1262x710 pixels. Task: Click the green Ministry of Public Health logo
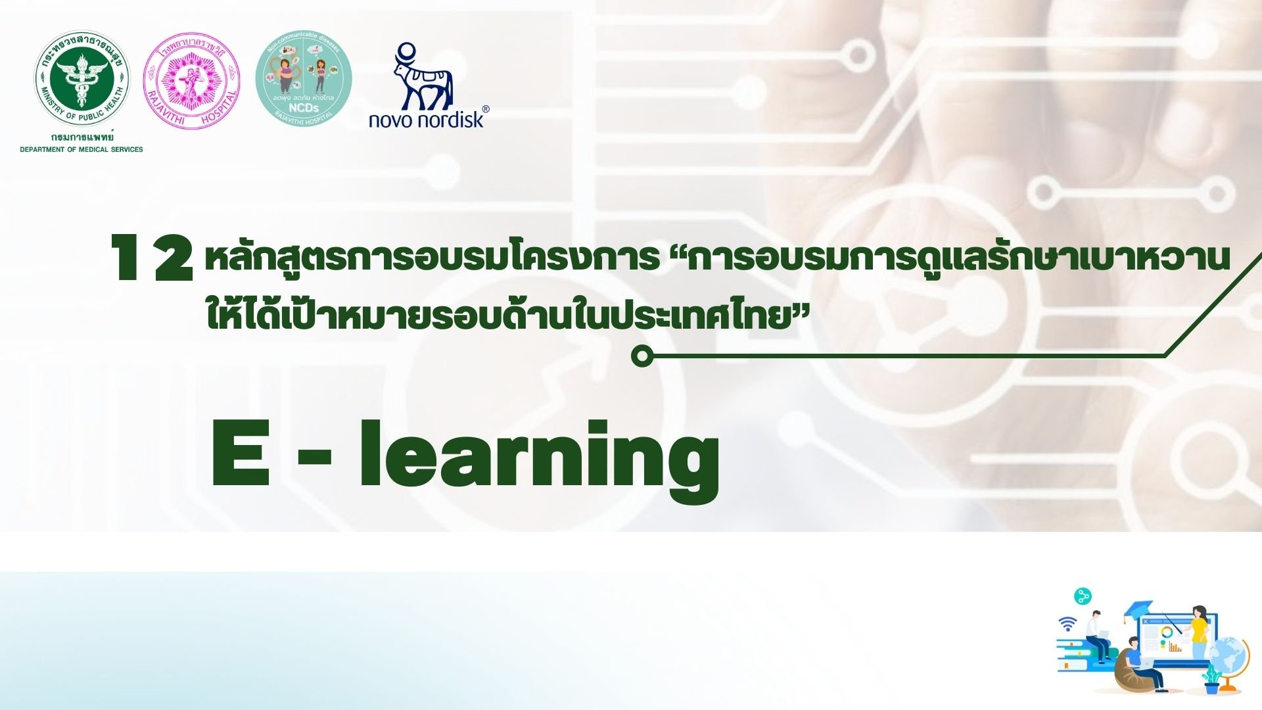pos(82,79)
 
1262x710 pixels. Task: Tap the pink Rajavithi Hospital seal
pos(191,80)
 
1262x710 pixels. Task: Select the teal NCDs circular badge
pos(304,79)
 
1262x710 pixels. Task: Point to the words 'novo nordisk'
pos(426,119)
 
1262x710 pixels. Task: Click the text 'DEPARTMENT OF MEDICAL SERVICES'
pos(82,150)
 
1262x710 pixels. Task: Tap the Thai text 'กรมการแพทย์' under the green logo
pos(82,137)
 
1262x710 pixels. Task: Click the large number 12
pos(152,259)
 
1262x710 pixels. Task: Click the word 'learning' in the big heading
pos(539,457)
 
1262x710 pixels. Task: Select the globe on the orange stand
pos(1228,660)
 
